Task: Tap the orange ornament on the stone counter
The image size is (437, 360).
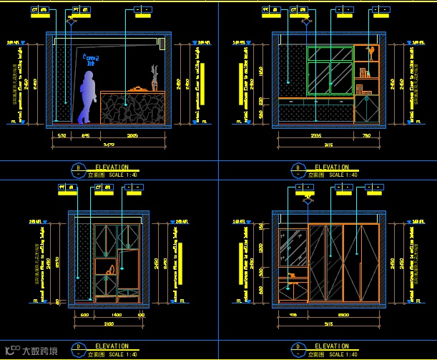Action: click(x=137, y=87)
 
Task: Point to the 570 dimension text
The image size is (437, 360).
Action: click(x=62, y=135)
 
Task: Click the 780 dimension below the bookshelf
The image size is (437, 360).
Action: click(x=368, y=135)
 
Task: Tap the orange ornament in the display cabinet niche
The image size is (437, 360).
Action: click(x=109, y=270)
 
